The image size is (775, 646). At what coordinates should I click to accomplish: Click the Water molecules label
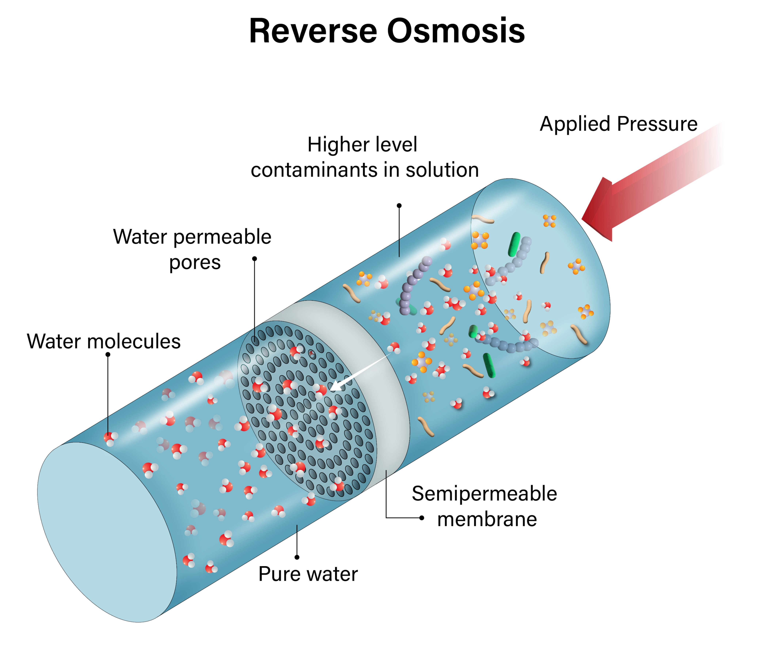click(104, 341)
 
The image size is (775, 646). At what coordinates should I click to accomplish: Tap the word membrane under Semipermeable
click(487, 519)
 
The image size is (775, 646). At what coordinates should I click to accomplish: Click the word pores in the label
click(195, 263)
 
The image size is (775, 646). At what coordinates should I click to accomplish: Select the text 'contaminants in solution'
click(365, 170)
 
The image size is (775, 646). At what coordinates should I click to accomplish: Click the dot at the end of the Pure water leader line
click(297, 557)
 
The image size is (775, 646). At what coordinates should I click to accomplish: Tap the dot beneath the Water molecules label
click(108, 354)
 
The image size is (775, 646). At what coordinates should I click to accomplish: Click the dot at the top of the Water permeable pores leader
click(254, 259)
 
